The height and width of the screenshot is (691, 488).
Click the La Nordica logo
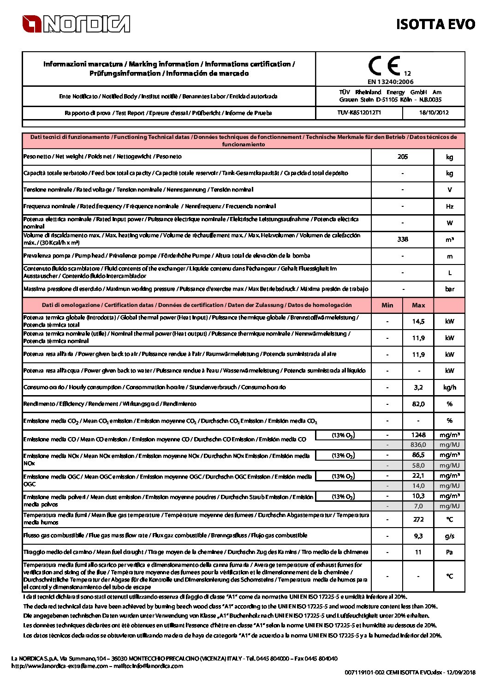76,24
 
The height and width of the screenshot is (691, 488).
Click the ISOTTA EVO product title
435,24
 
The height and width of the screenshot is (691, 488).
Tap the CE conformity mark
385,66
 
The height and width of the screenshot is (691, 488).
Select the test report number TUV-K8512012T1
359,113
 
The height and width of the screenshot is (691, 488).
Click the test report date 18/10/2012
434,113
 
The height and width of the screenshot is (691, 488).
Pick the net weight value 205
403,157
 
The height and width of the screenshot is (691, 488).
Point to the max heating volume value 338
403,239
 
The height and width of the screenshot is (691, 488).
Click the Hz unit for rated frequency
450,206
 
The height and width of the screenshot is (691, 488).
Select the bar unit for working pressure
450,289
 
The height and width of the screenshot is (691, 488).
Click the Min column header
387,305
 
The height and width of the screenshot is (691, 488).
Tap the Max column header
418,305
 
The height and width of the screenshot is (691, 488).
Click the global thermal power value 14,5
418,321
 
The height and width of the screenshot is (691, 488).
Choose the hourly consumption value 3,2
418,388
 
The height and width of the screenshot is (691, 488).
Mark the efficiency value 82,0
418,404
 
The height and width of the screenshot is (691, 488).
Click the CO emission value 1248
418,435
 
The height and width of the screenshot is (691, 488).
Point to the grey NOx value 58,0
418,466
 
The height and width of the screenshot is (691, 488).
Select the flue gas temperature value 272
418,519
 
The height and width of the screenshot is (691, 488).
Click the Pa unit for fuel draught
450,552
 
